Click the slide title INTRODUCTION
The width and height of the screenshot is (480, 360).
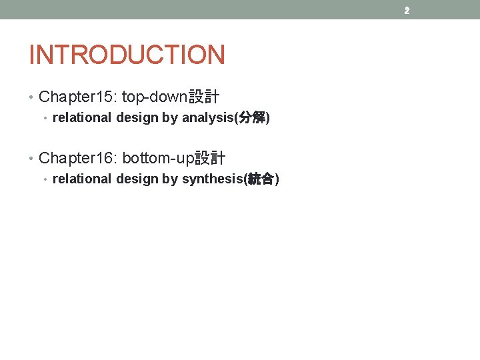(127, 55)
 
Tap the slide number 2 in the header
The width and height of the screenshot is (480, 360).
(406, 11)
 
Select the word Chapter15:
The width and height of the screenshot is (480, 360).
(78, 97)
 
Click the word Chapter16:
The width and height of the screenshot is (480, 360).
(78, 159)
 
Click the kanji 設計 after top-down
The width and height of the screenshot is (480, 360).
(204, 97)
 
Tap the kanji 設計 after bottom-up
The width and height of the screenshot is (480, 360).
(210, 159)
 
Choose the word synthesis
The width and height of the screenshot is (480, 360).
(213, 179)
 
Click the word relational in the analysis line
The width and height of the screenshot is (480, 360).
(82, 119)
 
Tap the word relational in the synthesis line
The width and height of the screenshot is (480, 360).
(82, 179)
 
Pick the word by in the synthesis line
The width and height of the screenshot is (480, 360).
(169, 179)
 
